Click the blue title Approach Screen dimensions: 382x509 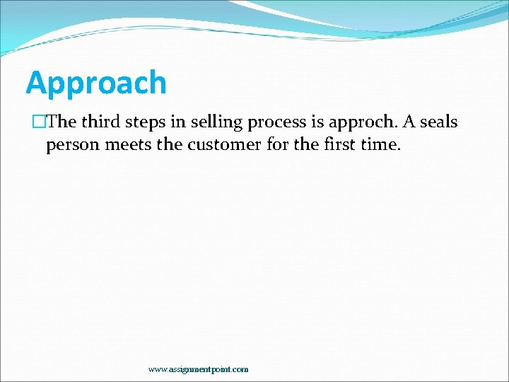click(96, 83)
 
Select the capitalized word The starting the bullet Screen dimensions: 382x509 click(62, 122)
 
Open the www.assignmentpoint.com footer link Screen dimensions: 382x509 click(198, 369)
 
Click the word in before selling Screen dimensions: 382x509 click(182, 122)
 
